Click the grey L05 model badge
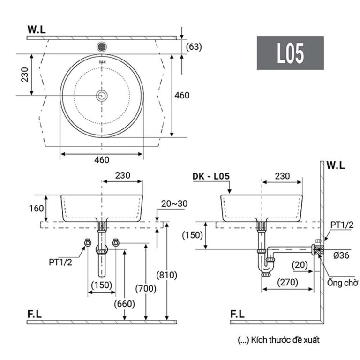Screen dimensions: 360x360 click(290, 53)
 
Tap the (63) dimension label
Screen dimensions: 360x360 click(194, 46)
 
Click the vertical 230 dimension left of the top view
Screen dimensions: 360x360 click(24, 74)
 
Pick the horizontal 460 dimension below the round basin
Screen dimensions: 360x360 click(102, 160)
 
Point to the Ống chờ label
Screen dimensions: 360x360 click(343, 283)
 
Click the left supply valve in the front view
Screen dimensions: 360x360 click(87, 242)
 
